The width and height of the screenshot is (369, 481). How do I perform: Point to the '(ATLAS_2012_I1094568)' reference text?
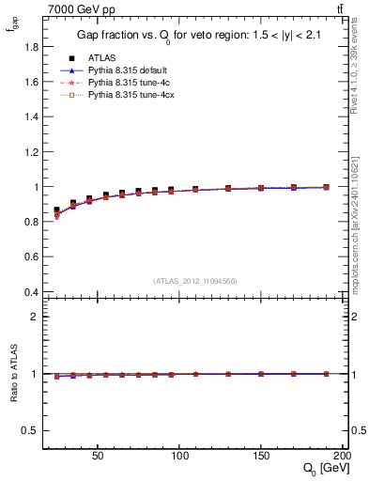[x=195, y=280]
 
